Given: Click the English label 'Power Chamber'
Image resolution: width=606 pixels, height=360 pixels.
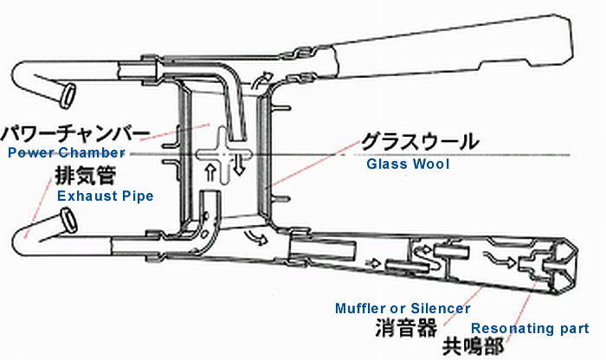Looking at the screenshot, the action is coord(66,152).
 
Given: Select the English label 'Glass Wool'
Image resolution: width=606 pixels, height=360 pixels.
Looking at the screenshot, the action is coord(408,164).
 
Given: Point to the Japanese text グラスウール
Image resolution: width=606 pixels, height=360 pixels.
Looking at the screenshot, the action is coord(420,142).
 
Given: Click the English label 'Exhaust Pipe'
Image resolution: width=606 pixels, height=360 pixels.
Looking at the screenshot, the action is coord(105,196).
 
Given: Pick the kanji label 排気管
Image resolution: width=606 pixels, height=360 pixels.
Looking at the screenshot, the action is coord(86,176).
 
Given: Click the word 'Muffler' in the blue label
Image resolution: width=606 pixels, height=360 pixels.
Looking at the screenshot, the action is coord(361,308).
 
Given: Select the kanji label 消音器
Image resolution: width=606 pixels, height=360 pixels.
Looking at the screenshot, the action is coord(406,328).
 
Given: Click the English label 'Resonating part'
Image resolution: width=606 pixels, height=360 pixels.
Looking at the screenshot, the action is coord(530,328).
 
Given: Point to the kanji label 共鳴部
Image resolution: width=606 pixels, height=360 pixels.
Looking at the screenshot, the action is coord(473,345).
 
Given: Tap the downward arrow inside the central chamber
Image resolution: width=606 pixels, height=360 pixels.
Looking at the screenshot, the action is coord(239,165).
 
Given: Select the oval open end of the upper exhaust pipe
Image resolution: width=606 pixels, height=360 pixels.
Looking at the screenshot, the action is coord(68,94).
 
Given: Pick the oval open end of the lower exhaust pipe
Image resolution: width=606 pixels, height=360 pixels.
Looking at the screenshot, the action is coord(68,221).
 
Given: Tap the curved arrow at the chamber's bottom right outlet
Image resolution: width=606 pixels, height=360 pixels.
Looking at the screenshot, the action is coord(255,237).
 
